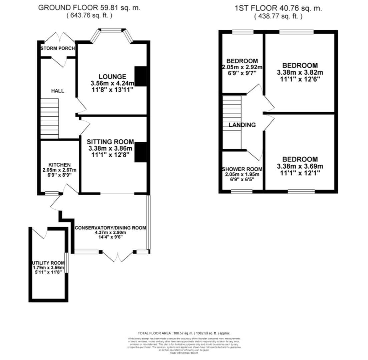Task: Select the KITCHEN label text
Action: (59, 165)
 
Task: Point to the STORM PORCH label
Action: (57, 48)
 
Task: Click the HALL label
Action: (58, 91)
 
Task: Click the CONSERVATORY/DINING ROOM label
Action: (110, 228)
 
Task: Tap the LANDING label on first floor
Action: (242, 125)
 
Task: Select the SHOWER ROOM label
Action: (242, 169)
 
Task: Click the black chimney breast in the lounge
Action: (140, 76)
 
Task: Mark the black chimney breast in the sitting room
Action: (140, 152)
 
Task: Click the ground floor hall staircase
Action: (50, 118)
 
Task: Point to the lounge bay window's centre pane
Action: (111, 30)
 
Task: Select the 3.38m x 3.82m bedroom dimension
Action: (300, 72)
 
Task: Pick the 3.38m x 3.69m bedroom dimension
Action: (300, 166)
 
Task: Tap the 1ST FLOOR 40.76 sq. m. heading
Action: (278, 8)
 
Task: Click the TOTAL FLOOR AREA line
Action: (184, 333)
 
